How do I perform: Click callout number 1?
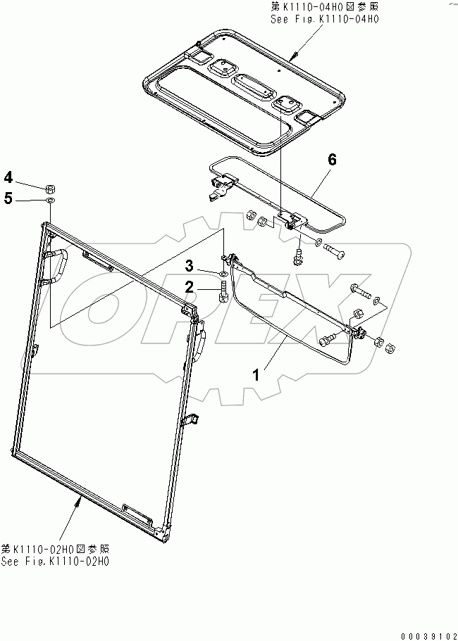[256, 374]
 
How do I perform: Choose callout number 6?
[331, 160]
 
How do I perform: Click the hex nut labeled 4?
[50, 188]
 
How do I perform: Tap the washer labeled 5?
[50, 201]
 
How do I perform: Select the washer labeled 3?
[223, 274]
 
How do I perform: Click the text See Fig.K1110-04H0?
[325, 20]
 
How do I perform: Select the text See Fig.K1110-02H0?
[55, 561]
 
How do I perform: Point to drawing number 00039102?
[427, 634]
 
